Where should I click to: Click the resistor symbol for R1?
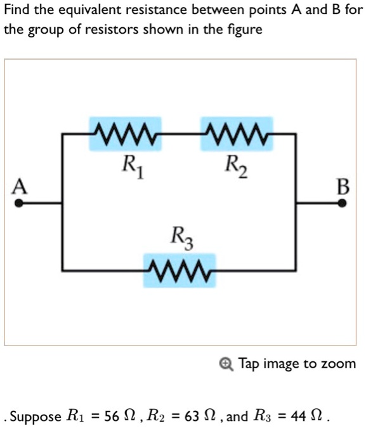(x=125, y=134)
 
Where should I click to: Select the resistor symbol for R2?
(x=237, y=134)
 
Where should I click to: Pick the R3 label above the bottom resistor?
(x=182, y=238)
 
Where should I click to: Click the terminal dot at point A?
(x=20, y=204)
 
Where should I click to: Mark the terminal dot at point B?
(x=342, y=204)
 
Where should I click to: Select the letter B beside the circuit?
(x=343, y=187)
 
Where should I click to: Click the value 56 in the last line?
(x=112, y=417)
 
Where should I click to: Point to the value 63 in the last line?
(x=191, y=417)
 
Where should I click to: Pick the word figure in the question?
(x=245, y=30)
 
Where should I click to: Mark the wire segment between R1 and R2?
(x=181, y=134)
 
